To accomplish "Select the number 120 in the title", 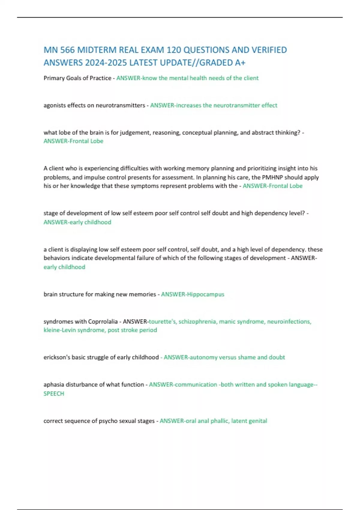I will pos(173,50).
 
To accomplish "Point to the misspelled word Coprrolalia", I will pos(103,322).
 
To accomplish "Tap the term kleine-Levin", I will pos(59,330).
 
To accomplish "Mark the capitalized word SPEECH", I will pos(54,394).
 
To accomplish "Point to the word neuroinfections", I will pos(289,322).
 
